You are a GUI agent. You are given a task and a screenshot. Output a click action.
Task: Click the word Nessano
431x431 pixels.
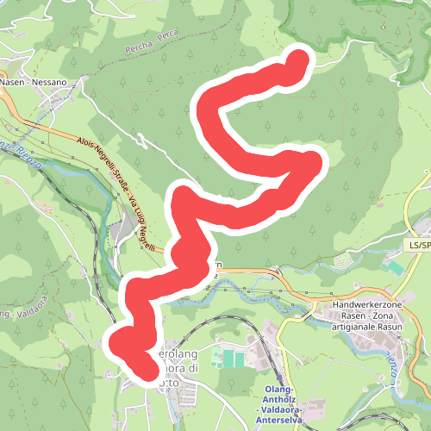(64, 83)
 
